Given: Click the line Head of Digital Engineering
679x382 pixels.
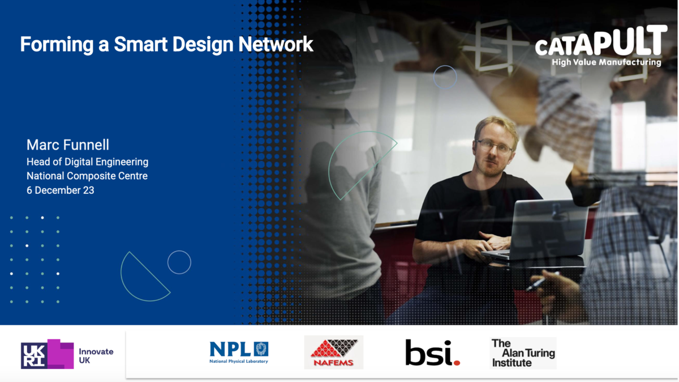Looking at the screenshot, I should [x=87, y=162].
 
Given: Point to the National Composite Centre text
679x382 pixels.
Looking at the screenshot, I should [x=87, y=176].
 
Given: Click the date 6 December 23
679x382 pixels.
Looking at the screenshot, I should [x=60, y=190].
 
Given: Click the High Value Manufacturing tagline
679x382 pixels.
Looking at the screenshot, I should [x=606, y=62].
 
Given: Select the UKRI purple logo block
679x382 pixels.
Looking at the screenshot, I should [x=48, y=354].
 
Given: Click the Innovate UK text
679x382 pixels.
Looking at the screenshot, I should [x=96, y=355].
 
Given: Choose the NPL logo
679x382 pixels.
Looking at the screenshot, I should [x=239, y=352].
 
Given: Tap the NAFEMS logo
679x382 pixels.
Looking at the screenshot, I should [x=333, y=353].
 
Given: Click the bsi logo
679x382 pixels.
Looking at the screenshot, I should [x=432, y=353].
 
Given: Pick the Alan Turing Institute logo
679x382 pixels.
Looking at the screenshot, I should [x=523, y=353].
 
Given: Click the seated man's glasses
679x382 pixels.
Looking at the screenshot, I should [x=493, y=146].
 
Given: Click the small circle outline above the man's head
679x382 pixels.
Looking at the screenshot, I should [x=445, y=77].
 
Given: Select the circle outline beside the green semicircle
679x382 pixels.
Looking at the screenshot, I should [x=179, y=262].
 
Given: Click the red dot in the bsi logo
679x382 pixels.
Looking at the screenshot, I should [x=456, y=362].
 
